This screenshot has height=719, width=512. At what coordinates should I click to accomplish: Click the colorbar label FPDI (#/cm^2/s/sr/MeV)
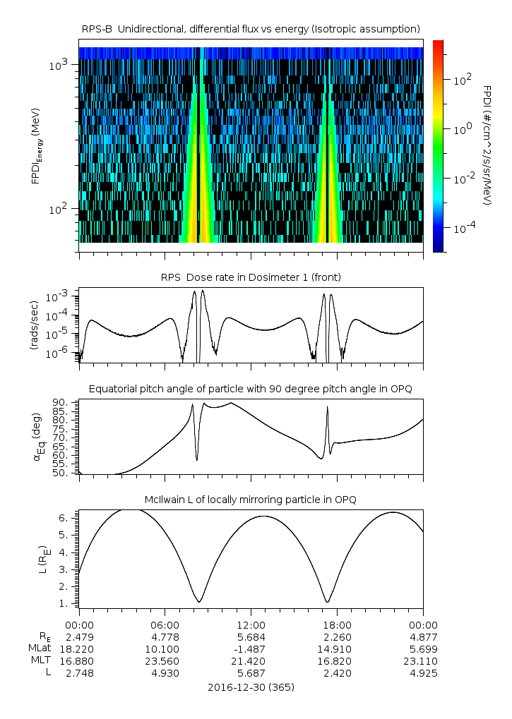(488, 145)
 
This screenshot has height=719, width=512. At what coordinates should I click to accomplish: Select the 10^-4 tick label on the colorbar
(463, 229)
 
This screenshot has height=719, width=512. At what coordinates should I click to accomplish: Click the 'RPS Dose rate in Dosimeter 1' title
(251, 277)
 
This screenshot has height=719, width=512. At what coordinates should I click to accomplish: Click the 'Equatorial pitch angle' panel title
(251, 389)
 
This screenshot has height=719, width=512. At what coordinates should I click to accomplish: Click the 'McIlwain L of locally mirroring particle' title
(251, 499)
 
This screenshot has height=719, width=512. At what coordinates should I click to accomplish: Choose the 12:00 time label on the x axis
(251, 625)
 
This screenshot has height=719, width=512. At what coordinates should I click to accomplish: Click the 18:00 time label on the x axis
(337, 625)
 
